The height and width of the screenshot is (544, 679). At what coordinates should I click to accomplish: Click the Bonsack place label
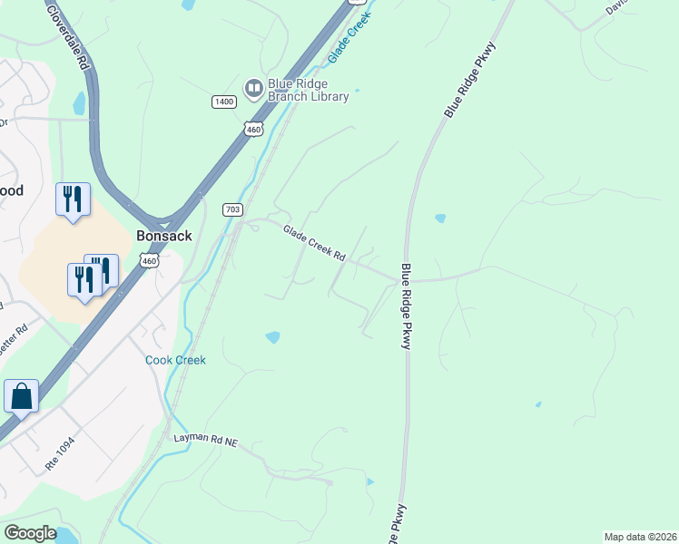tap(163, 235)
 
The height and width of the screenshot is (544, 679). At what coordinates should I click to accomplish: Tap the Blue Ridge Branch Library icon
tap(253, 86)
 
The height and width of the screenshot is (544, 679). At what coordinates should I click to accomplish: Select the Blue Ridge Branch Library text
tap(308, 91)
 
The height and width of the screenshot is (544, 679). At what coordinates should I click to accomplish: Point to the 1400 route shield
tap(224, 102)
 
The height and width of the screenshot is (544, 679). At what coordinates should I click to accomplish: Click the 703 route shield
tap(232, 210)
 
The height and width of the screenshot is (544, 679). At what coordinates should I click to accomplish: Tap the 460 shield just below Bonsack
tap(149, 261)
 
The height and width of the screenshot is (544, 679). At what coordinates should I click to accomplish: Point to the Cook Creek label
tap(176, 360)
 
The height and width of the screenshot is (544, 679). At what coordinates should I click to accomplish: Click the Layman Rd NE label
tap(205, 440)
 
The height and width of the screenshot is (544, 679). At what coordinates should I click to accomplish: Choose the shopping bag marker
tap(21, 396)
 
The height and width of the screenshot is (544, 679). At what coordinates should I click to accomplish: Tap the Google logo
tap(30, 533)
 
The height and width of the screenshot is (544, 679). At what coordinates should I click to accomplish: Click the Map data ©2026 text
tap(640, 537)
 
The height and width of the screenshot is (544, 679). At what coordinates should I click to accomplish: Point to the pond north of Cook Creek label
tap(272, 338)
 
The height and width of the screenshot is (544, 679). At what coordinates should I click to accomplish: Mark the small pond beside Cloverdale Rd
tap(80, 102)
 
